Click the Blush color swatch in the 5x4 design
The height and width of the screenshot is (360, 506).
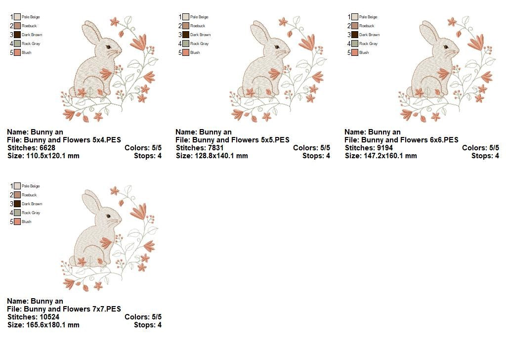17,52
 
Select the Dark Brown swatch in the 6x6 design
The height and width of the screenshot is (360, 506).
355,35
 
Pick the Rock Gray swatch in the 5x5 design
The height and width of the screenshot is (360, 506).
186,44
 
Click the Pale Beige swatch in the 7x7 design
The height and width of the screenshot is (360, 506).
17,186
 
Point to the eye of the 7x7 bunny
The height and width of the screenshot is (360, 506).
108,216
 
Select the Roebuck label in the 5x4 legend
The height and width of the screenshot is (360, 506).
29,26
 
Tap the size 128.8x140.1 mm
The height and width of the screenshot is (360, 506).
221,156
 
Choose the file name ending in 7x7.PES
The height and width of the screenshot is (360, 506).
72,309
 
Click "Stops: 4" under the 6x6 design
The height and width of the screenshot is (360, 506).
485,156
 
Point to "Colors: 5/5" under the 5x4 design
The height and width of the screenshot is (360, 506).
143,148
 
